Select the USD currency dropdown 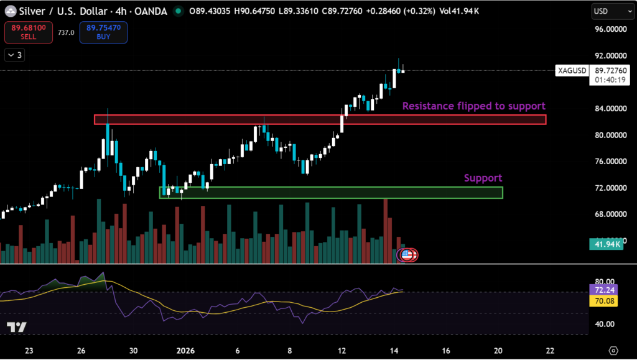coord(608,11)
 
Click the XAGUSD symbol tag coord(572,71)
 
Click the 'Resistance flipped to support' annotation coord(473,106)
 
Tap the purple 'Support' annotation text coord(483,178)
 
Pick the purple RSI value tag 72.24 coord(605,290)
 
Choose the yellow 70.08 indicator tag coord(605,301)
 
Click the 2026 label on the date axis coord(185,351)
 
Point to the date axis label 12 coord(342,351)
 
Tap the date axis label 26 coord(81,351)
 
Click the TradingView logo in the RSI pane coord(16,327)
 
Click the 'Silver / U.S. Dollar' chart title coord(55,11)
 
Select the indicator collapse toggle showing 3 coord(14,55)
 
